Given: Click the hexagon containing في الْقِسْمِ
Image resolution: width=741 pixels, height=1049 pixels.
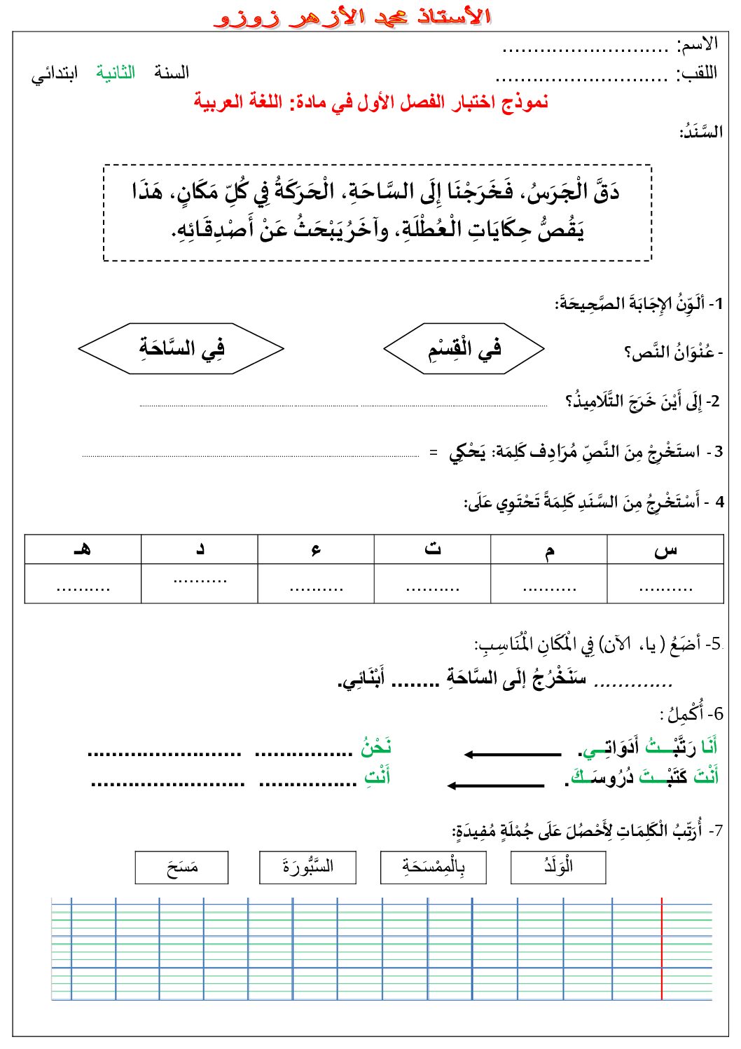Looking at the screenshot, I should tap(464, 348).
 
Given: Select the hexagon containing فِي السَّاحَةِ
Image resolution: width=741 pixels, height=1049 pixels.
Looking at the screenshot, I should tap(181, 348).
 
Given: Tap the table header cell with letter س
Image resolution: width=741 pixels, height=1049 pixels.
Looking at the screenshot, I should tap(665, 549).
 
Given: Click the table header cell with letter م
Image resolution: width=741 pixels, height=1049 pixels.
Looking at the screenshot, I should tap(548, 549).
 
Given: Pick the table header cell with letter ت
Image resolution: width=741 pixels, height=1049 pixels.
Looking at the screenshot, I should tap(432, 549).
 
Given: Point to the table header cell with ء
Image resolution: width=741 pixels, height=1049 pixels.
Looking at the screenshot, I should tap(316, 549).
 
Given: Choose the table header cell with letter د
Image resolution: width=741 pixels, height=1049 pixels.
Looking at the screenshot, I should tap(200, 549).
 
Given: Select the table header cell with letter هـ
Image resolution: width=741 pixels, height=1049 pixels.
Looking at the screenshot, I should tap(83, 549).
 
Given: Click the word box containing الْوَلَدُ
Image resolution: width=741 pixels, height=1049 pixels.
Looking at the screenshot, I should tap(558, 867).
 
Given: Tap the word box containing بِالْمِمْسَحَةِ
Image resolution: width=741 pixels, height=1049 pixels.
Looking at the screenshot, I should tap(433, 867).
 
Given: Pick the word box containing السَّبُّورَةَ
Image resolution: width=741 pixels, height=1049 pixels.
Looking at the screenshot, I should tap(307, 867).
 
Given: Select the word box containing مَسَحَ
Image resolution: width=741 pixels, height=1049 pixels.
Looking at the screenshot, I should tap(182, 867).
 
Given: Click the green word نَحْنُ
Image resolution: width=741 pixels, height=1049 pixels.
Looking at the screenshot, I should tap(376, 748).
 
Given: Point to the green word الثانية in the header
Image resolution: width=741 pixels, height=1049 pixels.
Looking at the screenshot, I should tap(116, 73).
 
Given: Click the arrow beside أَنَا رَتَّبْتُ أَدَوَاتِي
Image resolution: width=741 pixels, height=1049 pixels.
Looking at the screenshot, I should tap(513, 754).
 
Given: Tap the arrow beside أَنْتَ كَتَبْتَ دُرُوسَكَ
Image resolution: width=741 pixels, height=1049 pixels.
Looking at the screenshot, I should tap(496, 785).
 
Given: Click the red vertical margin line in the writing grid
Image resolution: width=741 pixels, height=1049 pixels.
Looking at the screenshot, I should tap(662, 948).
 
